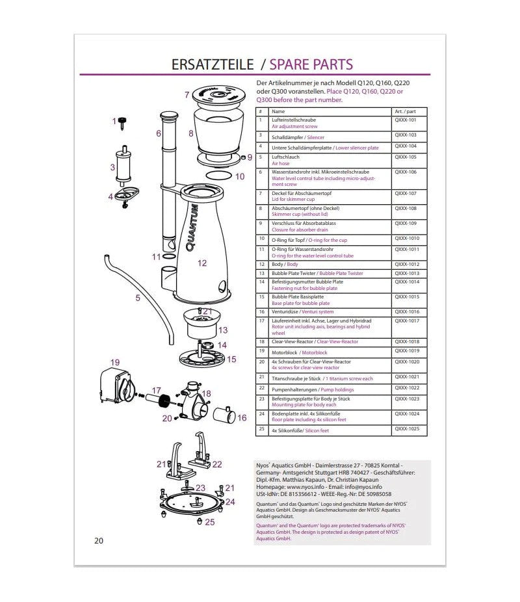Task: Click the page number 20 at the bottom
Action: coord(99,540)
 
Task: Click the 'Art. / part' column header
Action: coord(405,111)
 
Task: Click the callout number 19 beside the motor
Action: coord(115,362)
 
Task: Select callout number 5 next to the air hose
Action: coord(138,298)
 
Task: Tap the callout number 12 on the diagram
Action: coord(202,263)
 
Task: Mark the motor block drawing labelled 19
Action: coord(116,385)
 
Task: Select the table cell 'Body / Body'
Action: coord(285,265)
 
